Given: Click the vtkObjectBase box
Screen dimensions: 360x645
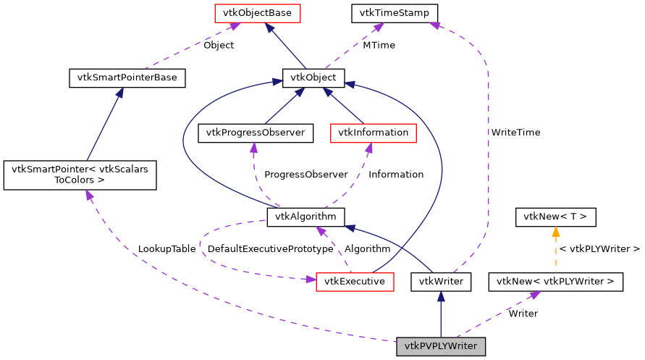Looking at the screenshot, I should click(247, 13).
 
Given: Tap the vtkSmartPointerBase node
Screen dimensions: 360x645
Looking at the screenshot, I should click(127, 78).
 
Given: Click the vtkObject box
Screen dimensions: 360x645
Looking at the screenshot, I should click(313, 78).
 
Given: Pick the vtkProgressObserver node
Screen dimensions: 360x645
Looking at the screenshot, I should click(256, 133).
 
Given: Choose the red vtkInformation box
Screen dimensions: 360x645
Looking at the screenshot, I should click(373, 133).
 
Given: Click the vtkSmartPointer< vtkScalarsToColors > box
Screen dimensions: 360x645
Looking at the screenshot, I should click(80, 175).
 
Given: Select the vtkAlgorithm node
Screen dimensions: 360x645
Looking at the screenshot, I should click(305, 217).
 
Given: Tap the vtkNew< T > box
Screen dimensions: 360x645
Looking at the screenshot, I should click(555, 217).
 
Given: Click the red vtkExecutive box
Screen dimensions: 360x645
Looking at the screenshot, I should click(355, 281).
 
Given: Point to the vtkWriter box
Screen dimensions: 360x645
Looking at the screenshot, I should click(441, 281).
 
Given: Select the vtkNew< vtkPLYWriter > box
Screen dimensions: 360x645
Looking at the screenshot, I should click(556, 281).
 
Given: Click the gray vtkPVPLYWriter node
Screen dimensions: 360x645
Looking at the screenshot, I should click(441, 346).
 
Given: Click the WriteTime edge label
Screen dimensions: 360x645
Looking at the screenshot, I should click(515, 133).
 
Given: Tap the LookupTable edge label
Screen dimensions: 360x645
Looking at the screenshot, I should click(166, 249).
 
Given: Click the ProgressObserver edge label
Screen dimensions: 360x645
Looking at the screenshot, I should click(305, 175).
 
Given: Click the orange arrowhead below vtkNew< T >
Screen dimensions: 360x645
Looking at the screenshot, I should click(555, 233).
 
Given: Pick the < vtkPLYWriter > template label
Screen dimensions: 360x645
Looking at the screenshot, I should click(599, 249).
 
